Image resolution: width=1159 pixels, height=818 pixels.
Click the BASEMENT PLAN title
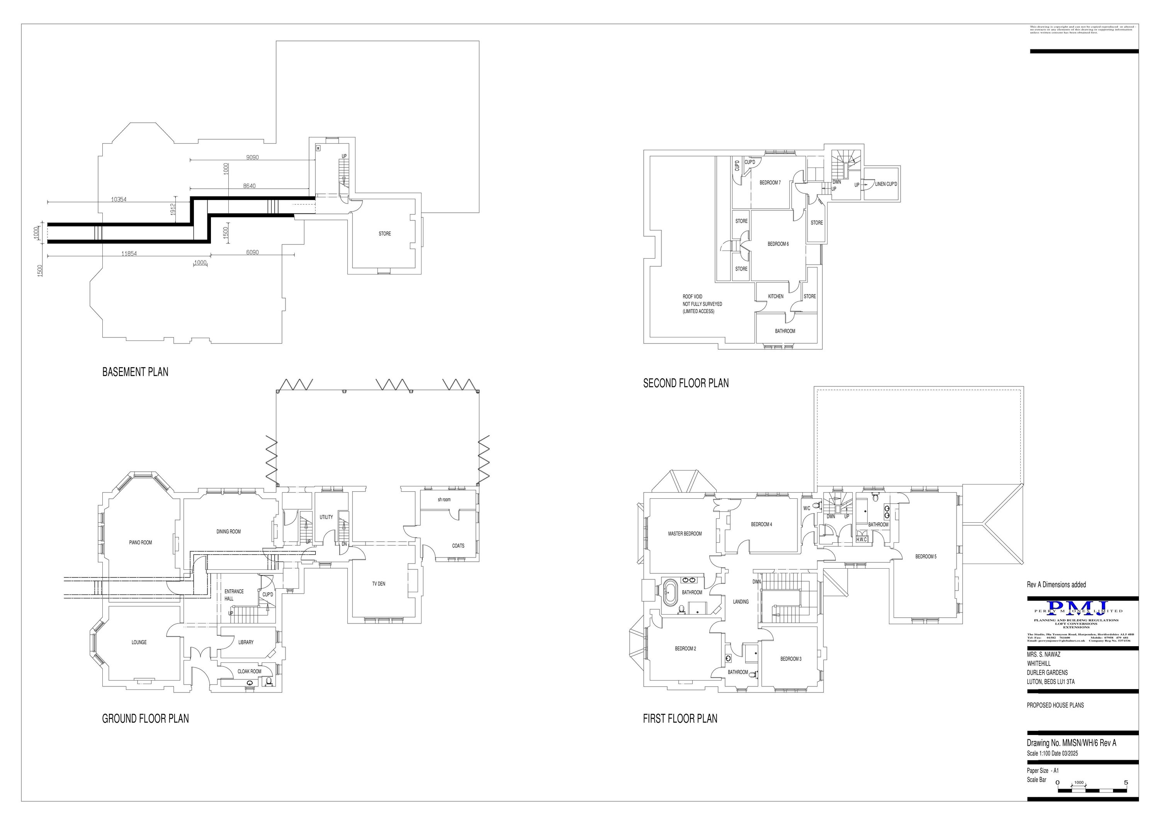tap(135, 372)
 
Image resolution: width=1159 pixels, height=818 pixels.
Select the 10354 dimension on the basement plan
tap(119, 200)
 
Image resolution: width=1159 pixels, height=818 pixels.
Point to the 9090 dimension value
tap(252, 158)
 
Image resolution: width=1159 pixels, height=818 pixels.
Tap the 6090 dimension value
tap(252, 252)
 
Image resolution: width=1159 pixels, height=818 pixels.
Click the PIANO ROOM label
tap(140, 543)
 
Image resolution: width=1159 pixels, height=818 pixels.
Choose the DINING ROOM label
tap(228, 532)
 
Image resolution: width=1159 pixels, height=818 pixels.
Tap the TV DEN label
tap(379, 584)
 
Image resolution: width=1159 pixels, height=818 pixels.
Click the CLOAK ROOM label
tap(249, 671)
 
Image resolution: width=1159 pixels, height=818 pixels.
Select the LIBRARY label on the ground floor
tap(246, 642)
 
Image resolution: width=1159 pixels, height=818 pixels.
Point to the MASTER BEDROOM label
tap(685, 533)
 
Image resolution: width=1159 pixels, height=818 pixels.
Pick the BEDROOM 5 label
tap(926, 557)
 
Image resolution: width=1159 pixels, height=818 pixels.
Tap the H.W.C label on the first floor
tap(861, 540)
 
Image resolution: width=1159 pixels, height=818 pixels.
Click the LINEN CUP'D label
tap(886, 185)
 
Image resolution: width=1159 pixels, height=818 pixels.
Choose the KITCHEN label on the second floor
tap(775, 296)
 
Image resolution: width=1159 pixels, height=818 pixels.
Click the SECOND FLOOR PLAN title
tap(685, 383)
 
